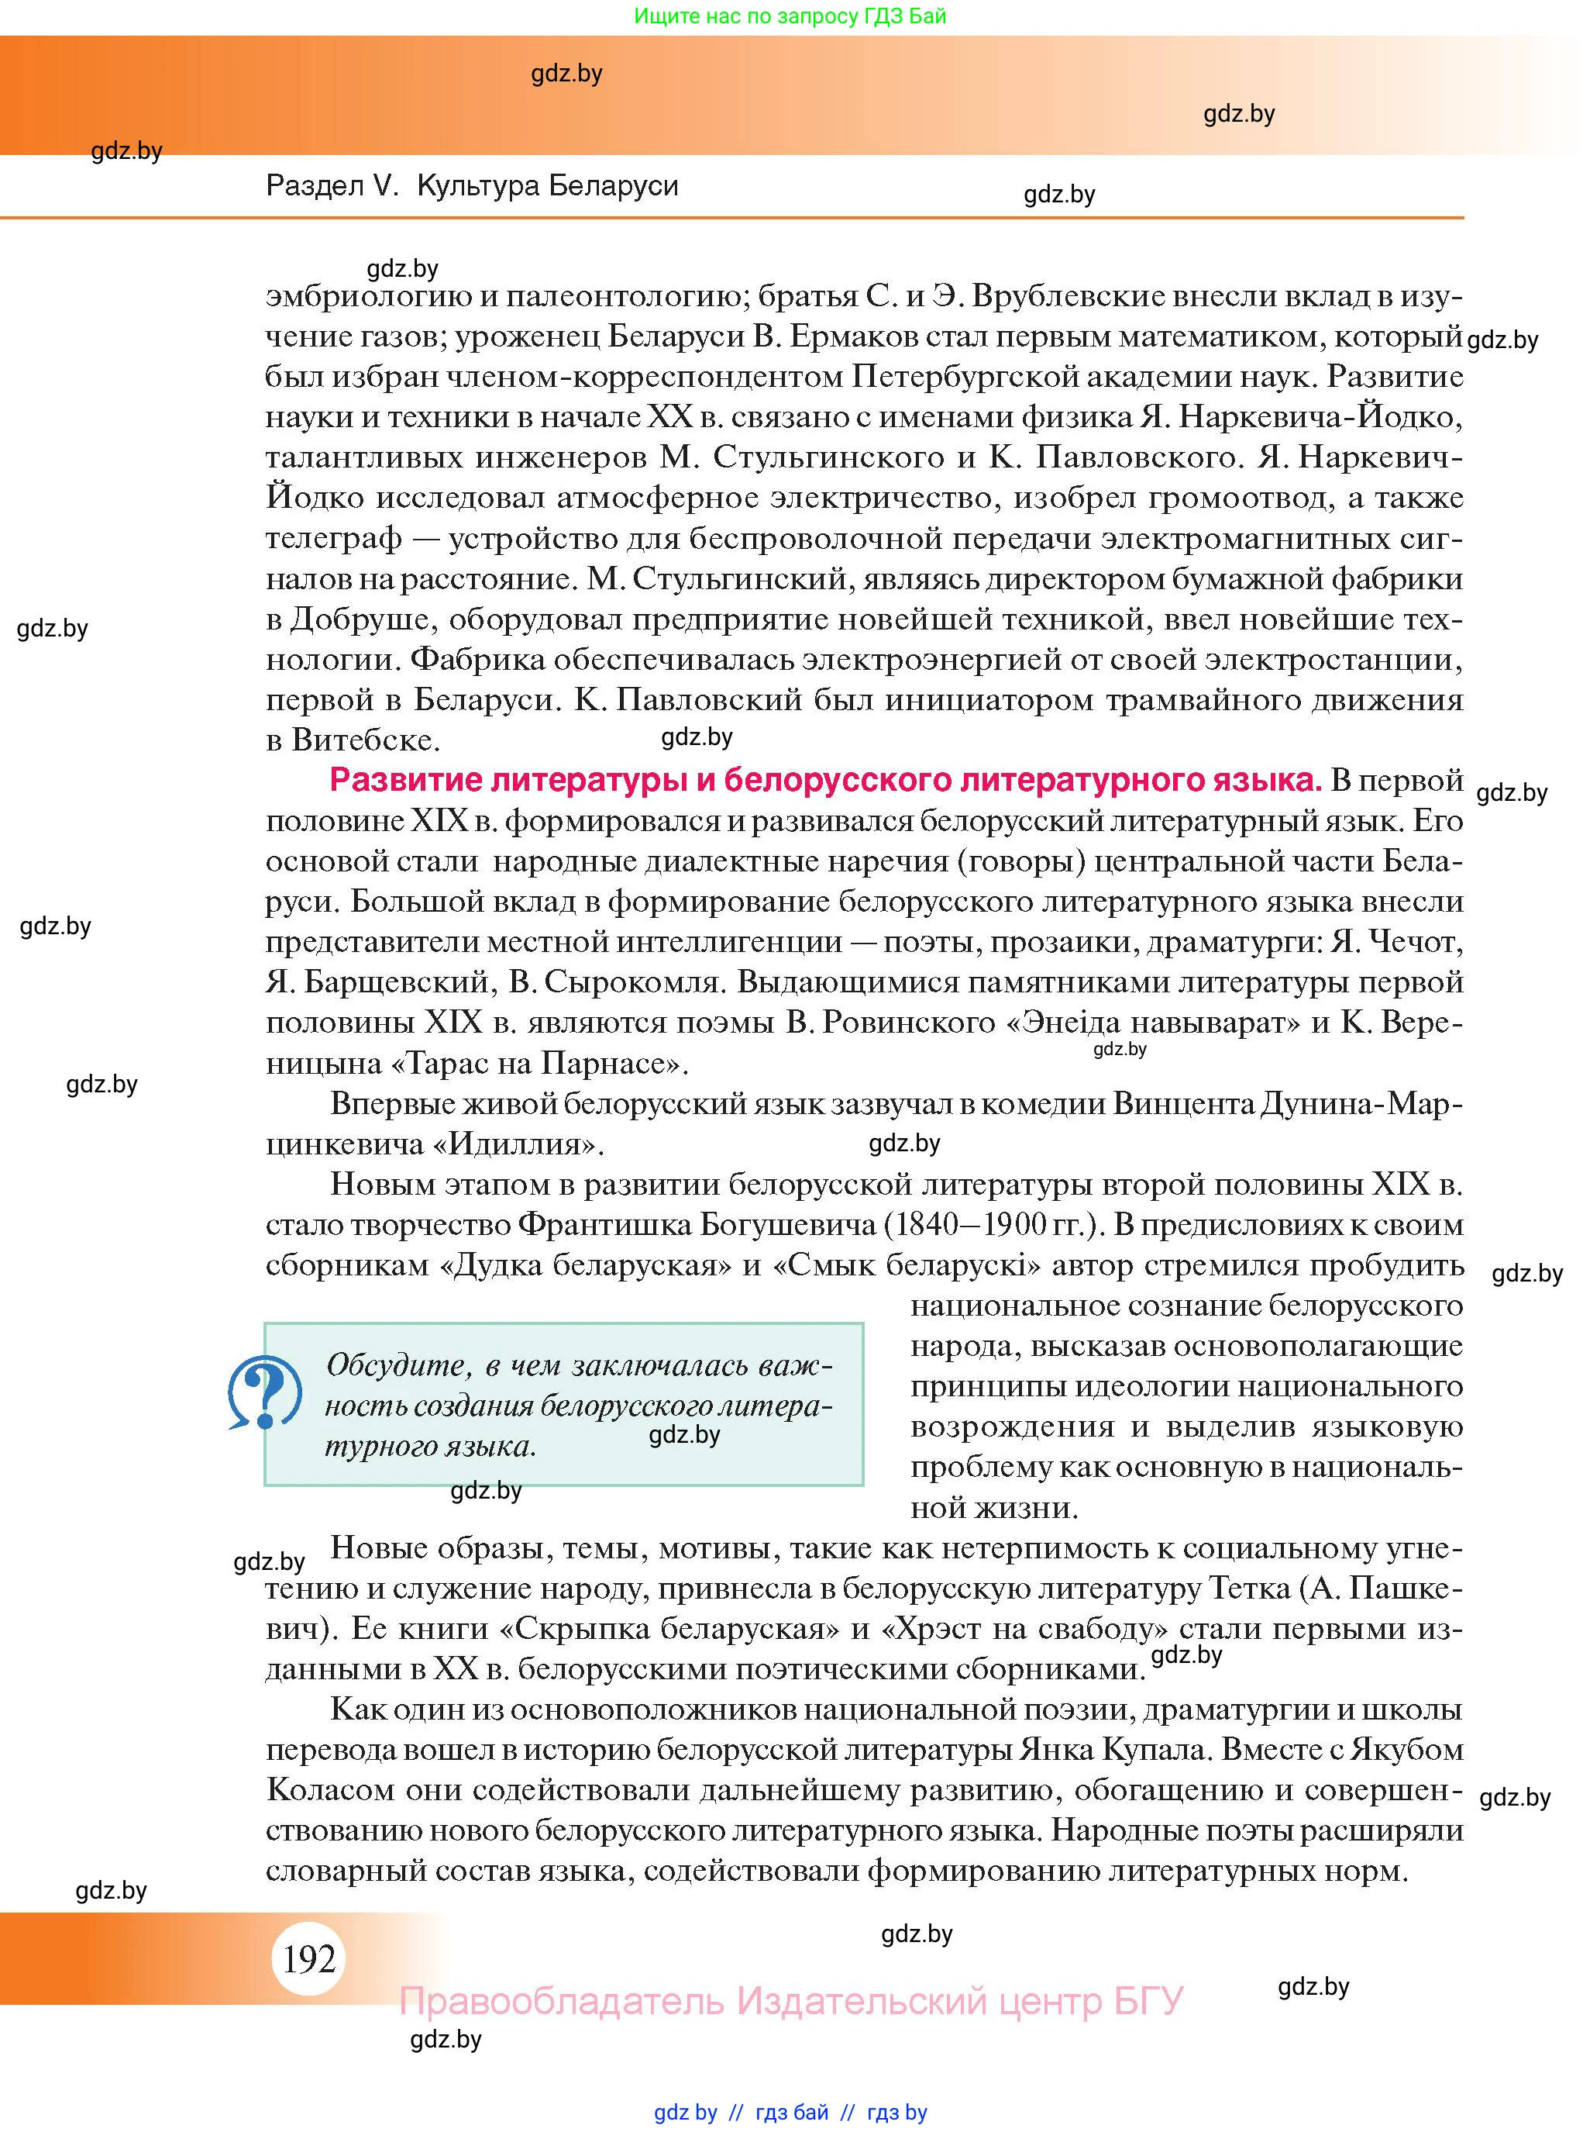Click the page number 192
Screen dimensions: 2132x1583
coord(308,1959)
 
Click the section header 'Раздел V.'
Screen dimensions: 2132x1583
coord(332,186)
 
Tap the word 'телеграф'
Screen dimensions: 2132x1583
coord(333,539)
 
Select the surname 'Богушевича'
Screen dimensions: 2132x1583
coord(788,1225)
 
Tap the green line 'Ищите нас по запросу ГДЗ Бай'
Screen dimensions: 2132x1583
coord(790,16)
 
